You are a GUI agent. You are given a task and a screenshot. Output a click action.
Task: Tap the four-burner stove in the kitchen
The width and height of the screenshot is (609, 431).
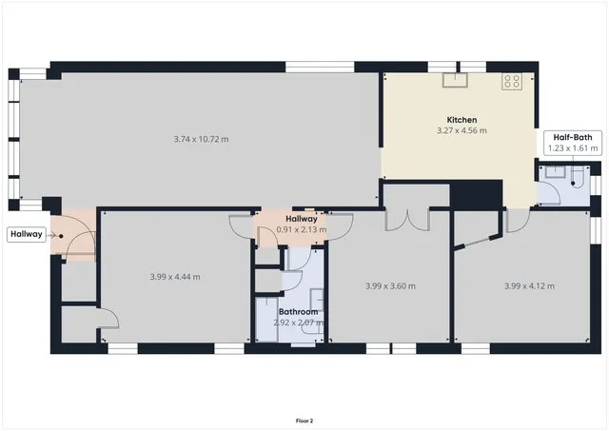[x=512, y=81]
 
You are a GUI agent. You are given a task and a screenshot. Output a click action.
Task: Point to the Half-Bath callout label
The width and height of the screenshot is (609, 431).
[x=571, y=137]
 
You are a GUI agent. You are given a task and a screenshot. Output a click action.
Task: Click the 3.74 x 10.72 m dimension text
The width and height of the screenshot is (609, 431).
[x=201, y=139]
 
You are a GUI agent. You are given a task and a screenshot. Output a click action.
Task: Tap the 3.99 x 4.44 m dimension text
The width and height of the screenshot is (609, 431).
[x=175, y=277]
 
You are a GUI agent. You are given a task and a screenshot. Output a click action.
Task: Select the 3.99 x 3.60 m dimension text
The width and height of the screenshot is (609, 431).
[x=390, y=285]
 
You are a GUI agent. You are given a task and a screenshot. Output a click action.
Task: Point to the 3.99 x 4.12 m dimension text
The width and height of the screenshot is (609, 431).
[x=528, y=285]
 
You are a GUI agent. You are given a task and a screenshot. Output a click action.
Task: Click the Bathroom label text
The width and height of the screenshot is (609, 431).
[x=298, y=312]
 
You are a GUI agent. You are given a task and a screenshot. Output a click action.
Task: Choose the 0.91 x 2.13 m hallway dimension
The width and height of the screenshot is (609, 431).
[x=301, y=229]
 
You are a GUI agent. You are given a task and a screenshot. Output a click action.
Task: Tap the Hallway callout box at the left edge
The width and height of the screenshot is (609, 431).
[x=26, y=234]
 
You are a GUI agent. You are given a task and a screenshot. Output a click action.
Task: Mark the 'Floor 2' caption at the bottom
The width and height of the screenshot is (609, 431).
[x=304, y=420]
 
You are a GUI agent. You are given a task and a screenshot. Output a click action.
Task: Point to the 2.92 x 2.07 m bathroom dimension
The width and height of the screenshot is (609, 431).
[x=298, y=323]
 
